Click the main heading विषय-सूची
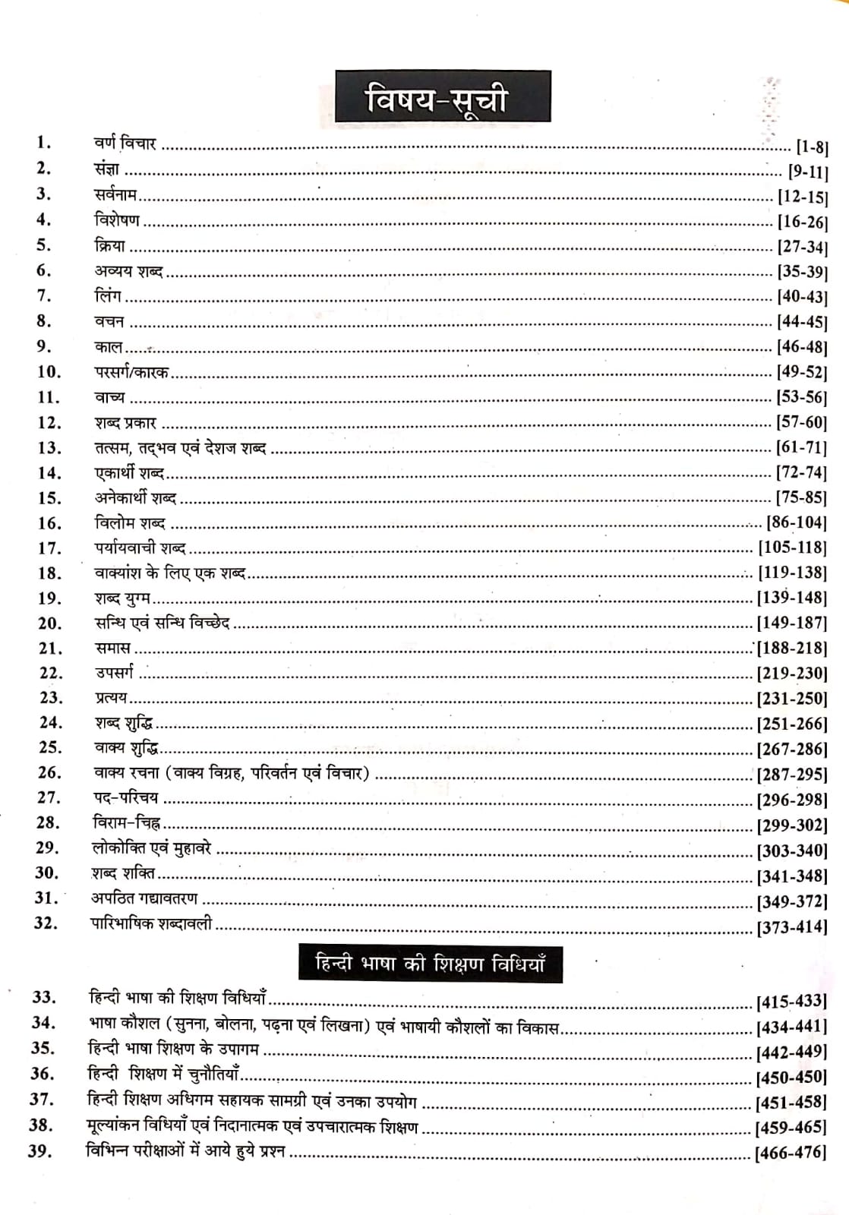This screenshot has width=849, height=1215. [443, 98]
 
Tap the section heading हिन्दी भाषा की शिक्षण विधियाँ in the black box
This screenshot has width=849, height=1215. [430, 964]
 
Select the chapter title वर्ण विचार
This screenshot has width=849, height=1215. [125, 144]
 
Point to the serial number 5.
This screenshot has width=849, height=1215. [43, 245]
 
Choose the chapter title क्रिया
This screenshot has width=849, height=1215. [109, 245]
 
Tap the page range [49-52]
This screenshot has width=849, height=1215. [801, 372]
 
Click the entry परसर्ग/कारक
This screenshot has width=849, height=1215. [131, 372]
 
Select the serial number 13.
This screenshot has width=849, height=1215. [49, 448]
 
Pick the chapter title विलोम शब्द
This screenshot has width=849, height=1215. [130, 523]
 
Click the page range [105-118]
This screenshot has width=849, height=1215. [792, 548]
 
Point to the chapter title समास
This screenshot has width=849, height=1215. [112, 648]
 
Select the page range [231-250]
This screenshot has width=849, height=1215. [792, 699]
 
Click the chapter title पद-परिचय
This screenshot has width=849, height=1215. [125, 798]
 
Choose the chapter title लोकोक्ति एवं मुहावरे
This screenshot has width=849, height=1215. [151, 848]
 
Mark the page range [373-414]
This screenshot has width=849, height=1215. [792, 927]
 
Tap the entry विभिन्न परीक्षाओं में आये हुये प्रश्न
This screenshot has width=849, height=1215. [186, 1151]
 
